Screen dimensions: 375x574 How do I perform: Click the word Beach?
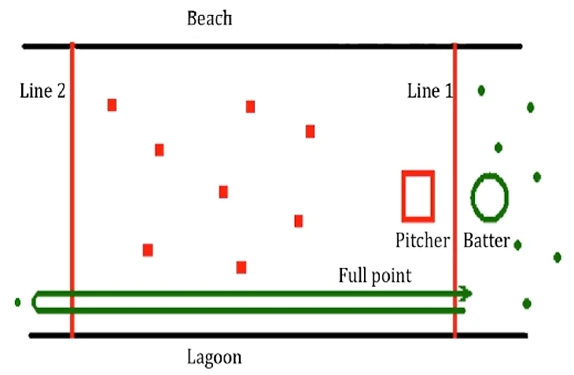209,17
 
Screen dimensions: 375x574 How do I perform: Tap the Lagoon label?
215,358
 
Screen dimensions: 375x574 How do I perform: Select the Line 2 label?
42,91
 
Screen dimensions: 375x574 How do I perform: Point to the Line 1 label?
429,91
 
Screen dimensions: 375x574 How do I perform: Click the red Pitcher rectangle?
418,196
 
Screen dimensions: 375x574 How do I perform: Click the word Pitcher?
423,239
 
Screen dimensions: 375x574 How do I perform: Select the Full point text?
374,276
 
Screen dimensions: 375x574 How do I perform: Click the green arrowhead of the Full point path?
467,294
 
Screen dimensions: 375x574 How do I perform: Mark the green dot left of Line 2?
17,301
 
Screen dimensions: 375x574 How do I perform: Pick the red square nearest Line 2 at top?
112,105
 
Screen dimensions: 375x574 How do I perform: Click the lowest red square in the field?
241,267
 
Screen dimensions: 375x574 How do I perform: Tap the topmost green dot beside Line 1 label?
481,90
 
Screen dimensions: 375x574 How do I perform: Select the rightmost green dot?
557,257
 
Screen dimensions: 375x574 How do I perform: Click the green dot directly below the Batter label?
517,245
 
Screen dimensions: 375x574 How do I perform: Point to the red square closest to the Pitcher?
299,221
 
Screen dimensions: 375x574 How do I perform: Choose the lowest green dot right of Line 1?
527,303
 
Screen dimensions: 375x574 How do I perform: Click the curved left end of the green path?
35,301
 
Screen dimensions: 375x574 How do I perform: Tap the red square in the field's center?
223,192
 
